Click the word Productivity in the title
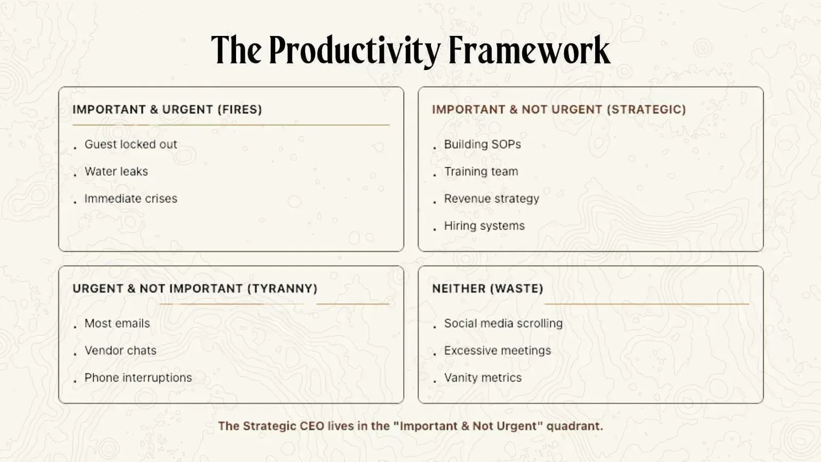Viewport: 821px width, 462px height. click(x=354, y=50)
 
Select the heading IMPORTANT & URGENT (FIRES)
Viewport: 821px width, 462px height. click(x=167, y=109)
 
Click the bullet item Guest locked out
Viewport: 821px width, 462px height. click(x=130, y=144)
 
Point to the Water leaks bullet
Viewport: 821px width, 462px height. click(x=116, y=171)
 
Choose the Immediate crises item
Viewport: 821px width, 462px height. click(x=130, y=199)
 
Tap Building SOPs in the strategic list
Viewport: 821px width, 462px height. click(x=482, y=144)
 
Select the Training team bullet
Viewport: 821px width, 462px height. click(x=481, y=171)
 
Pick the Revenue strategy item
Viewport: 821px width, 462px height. click(x=491, y=199)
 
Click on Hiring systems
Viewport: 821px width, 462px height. click(x=484, y=226)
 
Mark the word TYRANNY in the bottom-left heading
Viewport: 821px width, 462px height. click(x=282, y=288)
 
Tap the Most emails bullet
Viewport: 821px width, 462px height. click(x=117, y=323)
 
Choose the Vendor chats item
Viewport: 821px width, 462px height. click(x=120, y=351)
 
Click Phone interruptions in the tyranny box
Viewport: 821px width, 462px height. click(x=138, y=378)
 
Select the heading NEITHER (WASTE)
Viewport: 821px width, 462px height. click(x=487, y=288)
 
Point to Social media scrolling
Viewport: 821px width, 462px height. click(x=503, y=323)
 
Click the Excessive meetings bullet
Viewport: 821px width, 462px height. click(x=497, y=351)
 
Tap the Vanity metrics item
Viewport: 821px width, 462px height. click(x=482, y=378)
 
